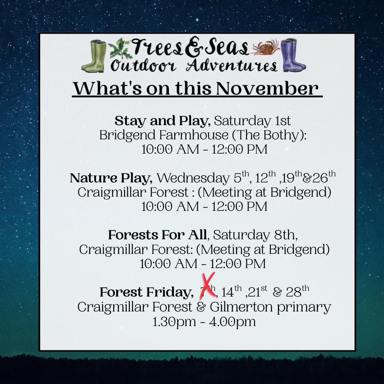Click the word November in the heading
click(266, 89)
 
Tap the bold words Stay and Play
click(162, 121)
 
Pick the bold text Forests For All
click(157, 235)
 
